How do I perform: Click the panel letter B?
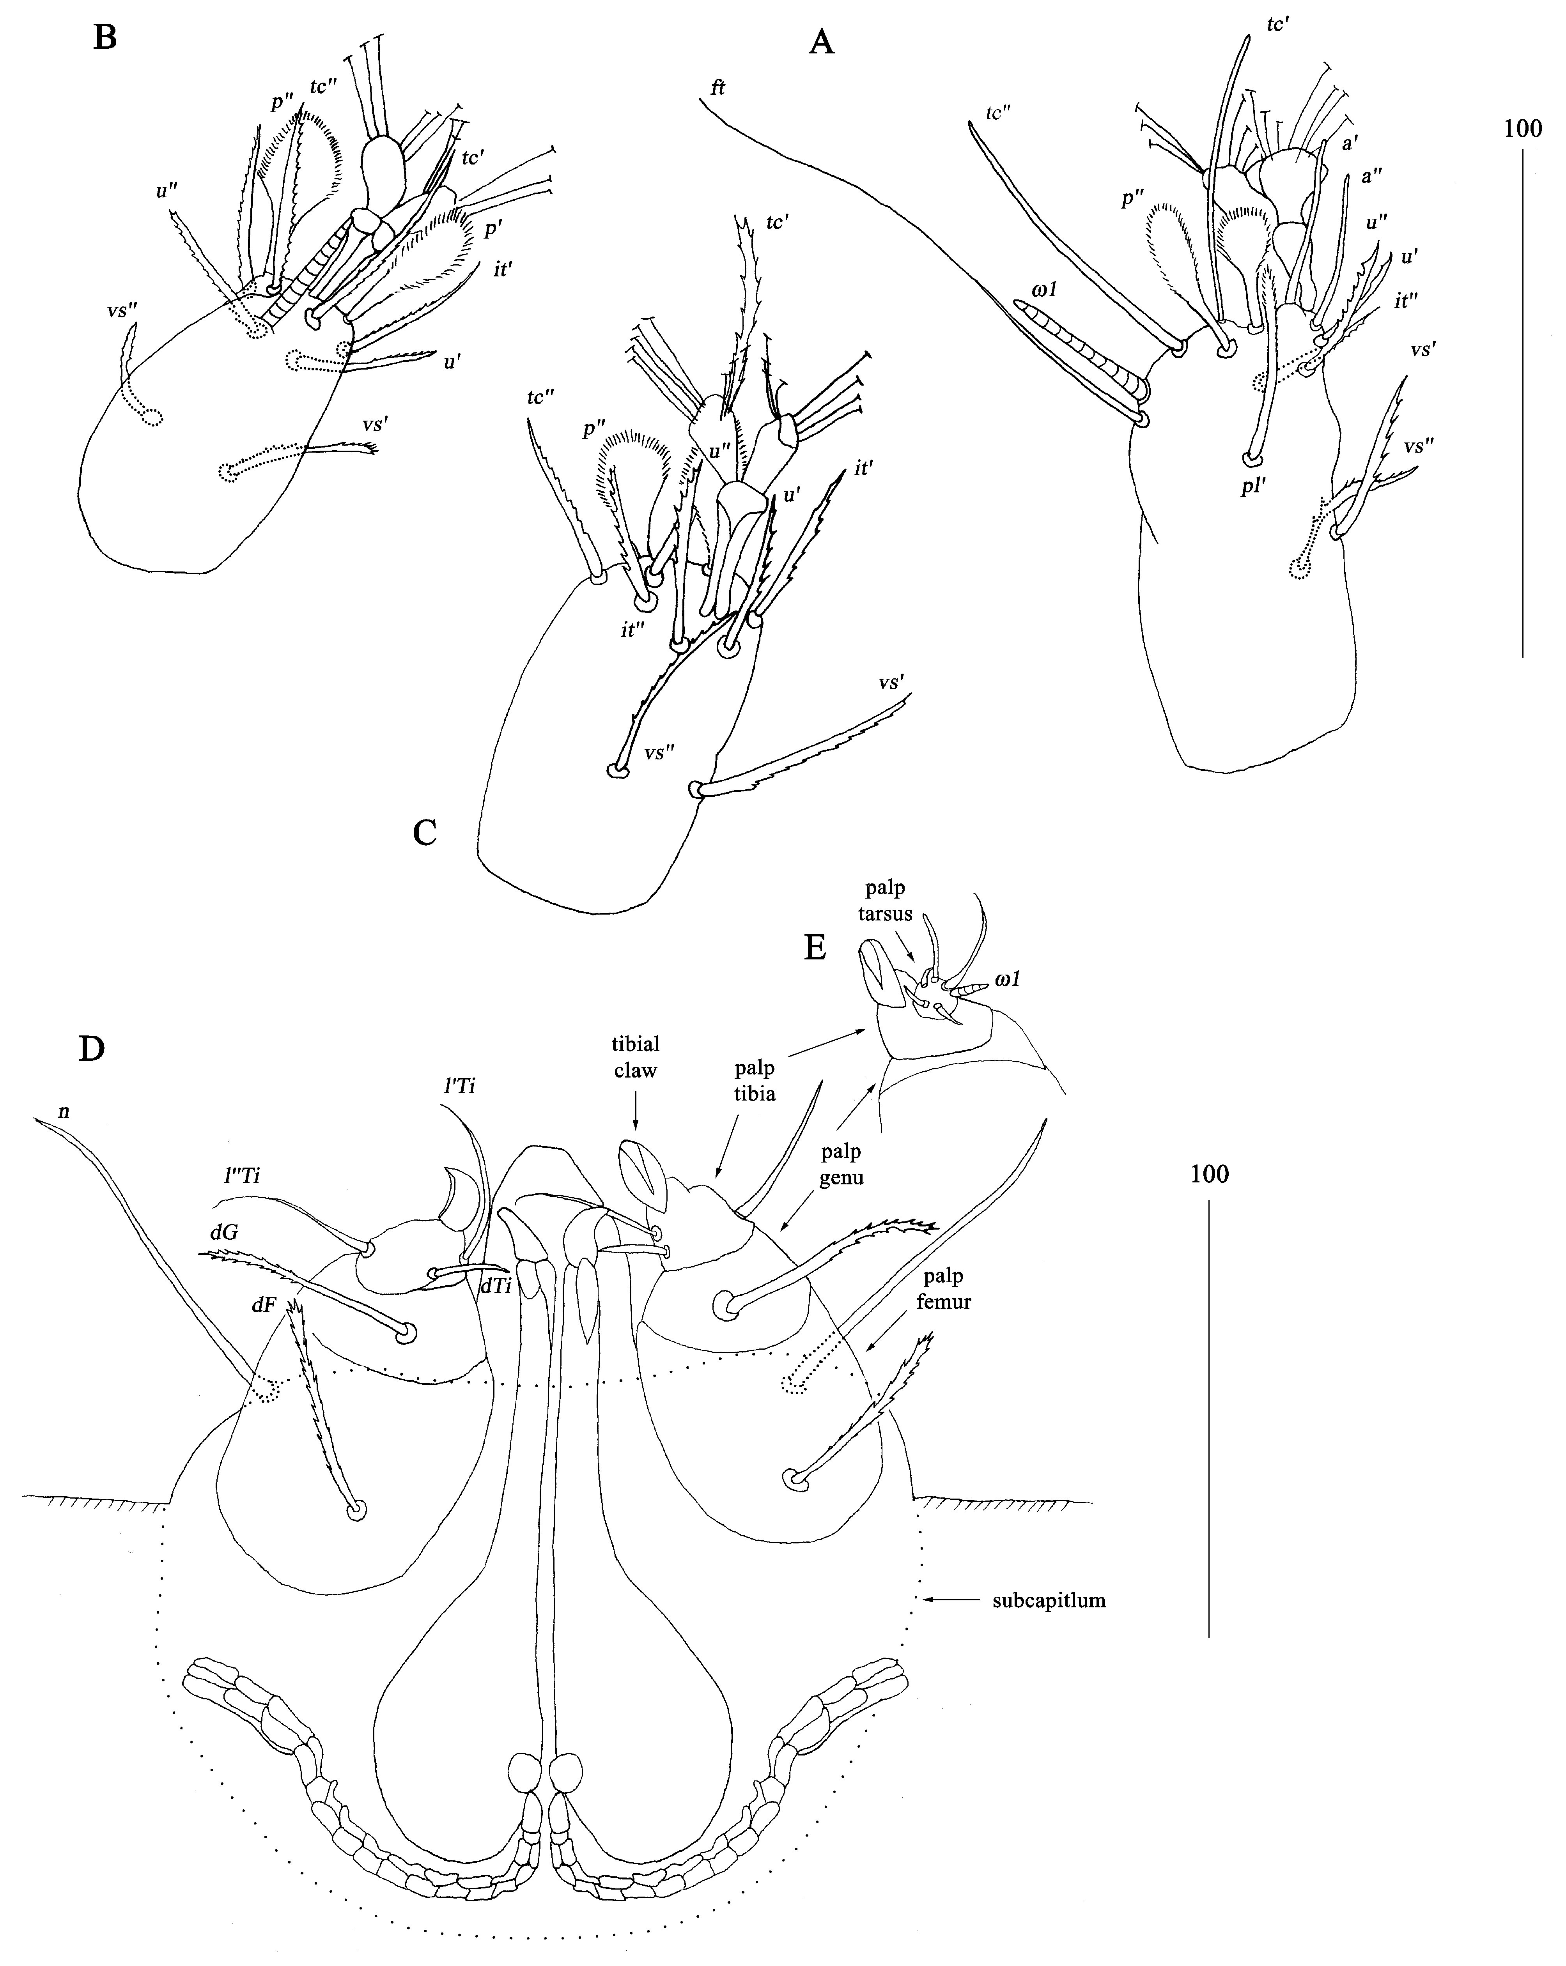[106, 38]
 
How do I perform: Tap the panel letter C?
[425, 832]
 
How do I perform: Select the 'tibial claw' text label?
[636, 1057]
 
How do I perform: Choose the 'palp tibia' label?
[754, 1081]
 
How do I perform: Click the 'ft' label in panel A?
[718, 88]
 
